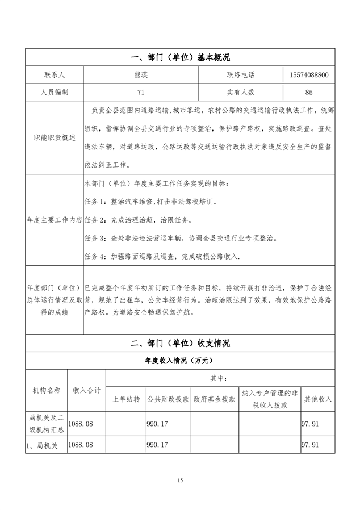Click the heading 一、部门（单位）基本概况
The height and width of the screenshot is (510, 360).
coord(180,57)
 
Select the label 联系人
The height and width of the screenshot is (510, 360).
coord(54,74)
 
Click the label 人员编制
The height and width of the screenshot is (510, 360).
coord(54,91)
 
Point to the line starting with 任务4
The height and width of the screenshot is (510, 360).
coord(162,257)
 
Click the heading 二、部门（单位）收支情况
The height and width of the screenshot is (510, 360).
coord(180,344)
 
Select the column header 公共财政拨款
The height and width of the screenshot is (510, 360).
coord(168,399)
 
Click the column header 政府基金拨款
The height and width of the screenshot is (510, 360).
coord(214,399)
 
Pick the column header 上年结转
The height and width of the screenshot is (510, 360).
coord(125,399)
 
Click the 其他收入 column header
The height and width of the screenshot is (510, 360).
coord(317,399)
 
